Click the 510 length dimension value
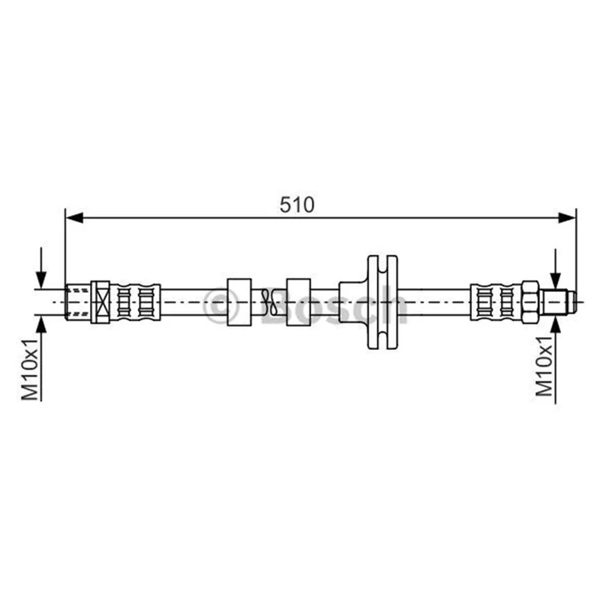tap(297, 204)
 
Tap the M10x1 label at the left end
tap(30, 369)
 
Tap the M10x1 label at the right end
tap(544, 366)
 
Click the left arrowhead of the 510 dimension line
tap(75, 218)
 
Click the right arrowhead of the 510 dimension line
tap(567, 218)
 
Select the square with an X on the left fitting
tap(101, 302)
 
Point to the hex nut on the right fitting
tap(530, 302)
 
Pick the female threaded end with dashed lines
tap(78, 302)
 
